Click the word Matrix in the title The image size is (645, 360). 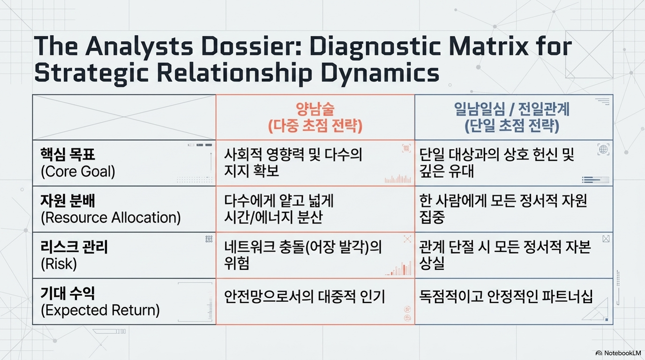[x=488, y=46]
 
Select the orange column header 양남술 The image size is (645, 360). [x=315, y=109]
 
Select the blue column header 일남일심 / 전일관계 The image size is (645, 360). [x=512, y=109]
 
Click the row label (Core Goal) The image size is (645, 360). [x=78, y=172]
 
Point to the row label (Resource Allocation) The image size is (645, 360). [x=111, y=217]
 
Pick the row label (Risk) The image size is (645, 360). [x=59, y=264]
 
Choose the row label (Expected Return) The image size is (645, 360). [x=100, y=310]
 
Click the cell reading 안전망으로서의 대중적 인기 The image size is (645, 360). [x=304, y=297]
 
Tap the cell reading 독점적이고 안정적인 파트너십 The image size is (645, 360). [x=506, y=297]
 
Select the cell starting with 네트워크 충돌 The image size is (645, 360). [x=303, y=255]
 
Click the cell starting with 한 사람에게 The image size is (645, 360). [x=503, y=209]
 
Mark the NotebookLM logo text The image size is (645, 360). [x=622, y=353]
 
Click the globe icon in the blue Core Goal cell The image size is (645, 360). [x=603, y=150]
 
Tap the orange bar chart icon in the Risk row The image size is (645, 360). [x=399, y=269]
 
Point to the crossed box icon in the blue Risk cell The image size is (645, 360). [x=606, y=239]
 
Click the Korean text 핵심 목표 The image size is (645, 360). [x=67, y=154]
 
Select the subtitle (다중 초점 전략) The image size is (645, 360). [x=315, y=126]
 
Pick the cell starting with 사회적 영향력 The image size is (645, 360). [x=293, y=163]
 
